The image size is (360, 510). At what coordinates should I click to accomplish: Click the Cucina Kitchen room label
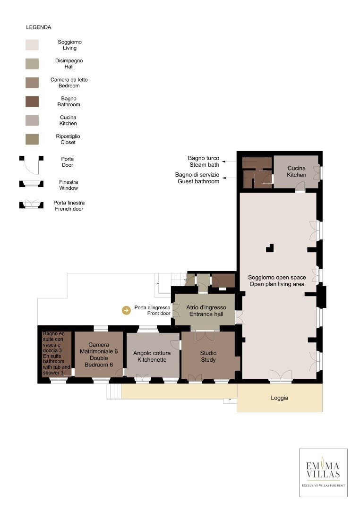tap(297, 171)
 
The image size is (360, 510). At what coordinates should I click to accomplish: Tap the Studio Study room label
tap(208, 357)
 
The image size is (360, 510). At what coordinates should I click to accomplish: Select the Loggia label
tap(280, 398)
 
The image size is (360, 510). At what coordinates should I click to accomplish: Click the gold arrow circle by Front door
tap(126, 310)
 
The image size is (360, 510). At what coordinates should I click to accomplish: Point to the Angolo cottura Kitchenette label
tap(152, 357)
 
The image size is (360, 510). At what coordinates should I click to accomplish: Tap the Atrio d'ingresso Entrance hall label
tap(206, 311)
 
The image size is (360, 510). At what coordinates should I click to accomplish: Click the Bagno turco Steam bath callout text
tap(204, 161)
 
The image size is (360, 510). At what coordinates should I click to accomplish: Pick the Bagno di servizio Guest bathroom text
tap(197, 178)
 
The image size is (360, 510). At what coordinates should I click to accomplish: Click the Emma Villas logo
tap(323, 473)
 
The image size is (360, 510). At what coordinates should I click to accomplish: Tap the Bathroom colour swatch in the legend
tap(32, 102)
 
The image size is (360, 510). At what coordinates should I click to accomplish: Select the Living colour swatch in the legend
tap(32, 45)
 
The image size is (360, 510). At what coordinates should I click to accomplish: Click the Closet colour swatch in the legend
tap(32, 139)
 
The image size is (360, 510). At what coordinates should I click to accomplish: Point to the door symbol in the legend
tap(32, 165)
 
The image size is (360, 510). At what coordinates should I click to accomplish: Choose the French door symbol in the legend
tap(32, 204)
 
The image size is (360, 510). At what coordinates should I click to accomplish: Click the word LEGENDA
tap(38, 27)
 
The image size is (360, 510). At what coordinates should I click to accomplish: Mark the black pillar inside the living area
tap(270, 248)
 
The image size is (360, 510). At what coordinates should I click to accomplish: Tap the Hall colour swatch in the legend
tap(32, 64)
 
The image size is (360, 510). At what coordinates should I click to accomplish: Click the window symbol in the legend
tap(32, 184)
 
